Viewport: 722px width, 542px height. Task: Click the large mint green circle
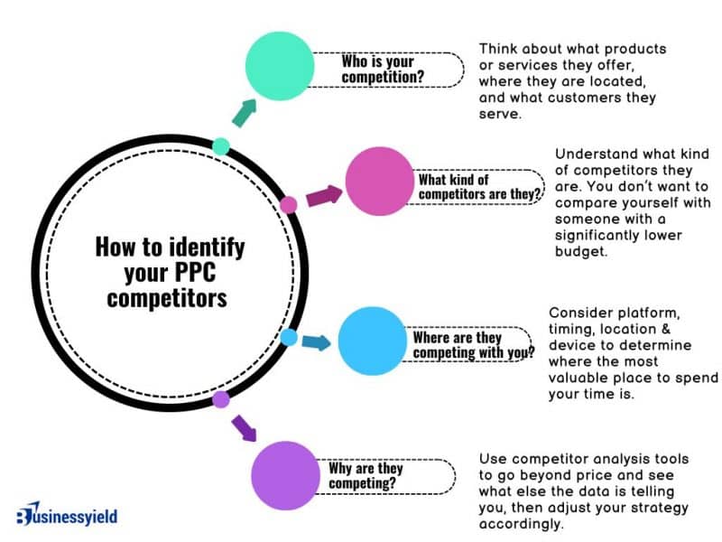pos(280,66)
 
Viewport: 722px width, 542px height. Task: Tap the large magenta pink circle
pos(380,182)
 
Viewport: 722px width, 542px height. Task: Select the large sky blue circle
pos(373,341)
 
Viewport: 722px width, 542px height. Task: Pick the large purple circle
pos(285,476)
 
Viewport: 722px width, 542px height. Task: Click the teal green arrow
pos(244,113)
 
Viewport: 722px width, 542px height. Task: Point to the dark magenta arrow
pos(325,196)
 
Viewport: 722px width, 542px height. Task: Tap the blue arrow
pos(317,342)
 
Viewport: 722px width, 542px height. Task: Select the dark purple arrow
pos(244,428)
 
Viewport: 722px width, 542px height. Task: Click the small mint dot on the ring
pos(221,146)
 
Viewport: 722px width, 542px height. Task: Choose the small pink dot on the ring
pos(289,205)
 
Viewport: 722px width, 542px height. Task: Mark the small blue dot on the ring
pos(289,337)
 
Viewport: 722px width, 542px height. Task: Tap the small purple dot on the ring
pos(221,399)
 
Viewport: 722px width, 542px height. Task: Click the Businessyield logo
pos(67,514)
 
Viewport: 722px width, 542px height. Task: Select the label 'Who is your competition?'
pos(383,70)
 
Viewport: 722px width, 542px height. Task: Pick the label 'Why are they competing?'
pos(366,476)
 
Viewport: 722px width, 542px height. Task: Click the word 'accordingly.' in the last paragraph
pos(522,524)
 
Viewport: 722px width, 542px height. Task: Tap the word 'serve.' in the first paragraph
pos(500,114)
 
